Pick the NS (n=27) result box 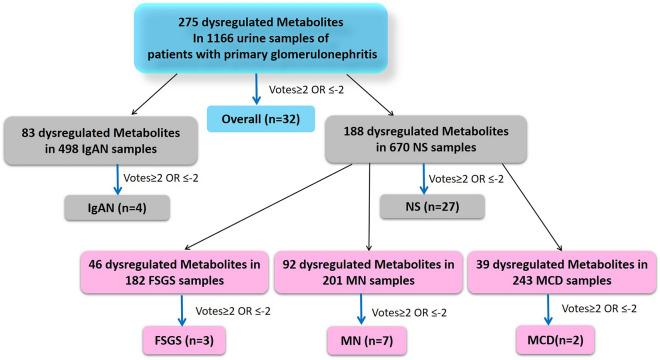(x=432, y=207)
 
